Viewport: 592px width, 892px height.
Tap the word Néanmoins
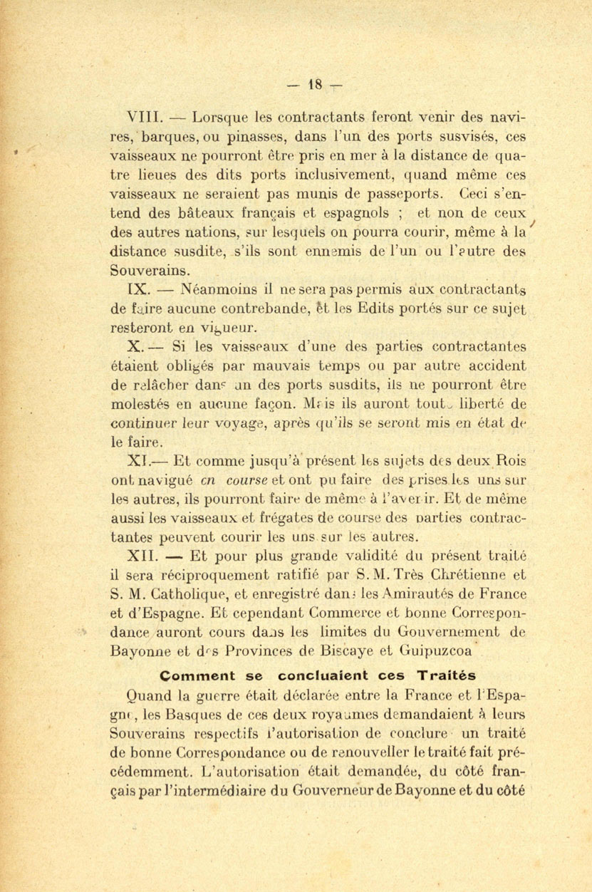tap(220, 291)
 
